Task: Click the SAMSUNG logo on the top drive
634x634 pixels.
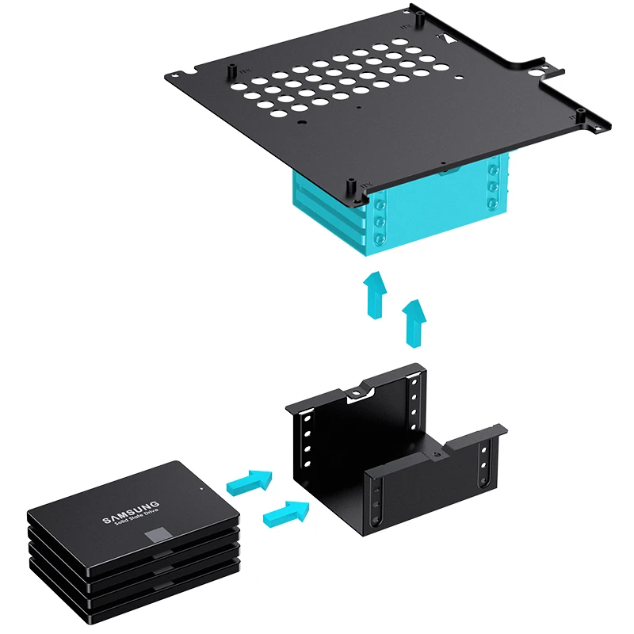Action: pyautogui.click(x=131, y=512)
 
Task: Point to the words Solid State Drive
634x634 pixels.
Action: pyautogui.click(x=136, y=518)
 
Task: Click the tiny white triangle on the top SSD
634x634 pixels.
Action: pyautogui.click(x=201, y=488)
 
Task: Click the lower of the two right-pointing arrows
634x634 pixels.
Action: pyautogui.click(x=286, y=514)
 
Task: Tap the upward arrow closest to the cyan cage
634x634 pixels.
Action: pyautogui.click(x=375, y=295)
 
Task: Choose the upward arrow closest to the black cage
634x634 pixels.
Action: pyautogui.click(x=414, y=323)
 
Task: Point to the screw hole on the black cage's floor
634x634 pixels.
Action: pyautogui.click(x=435, y=455)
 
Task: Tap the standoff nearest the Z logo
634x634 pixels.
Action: pyautogui.click(x=421, y=18)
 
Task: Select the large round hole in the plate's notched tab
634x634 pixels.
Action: pyautogui.click(x=537, y=72)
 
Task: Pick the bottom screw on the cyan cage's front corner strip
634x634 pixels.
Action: pyautogui.click(x=380, y=239)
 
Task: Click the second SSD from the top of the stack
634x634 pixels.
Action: pyautogui.click(x=133, y=554)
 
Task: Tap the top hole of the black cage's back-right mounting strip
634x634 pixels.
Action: pyautogui.click(x=414, y=383)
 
